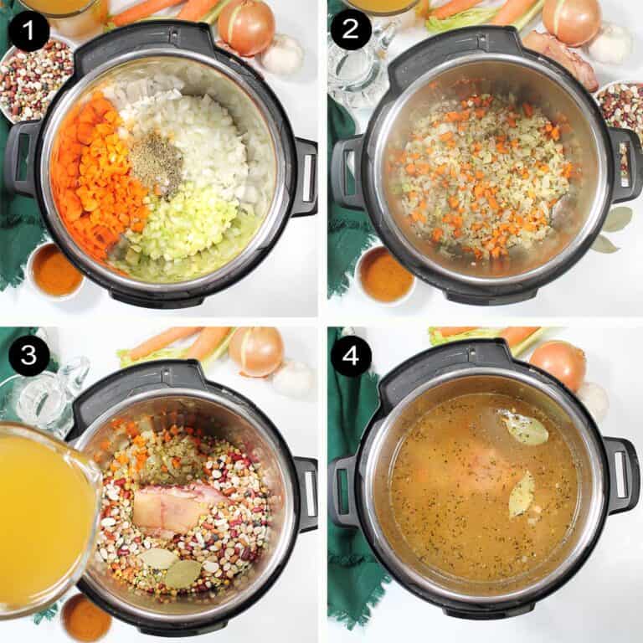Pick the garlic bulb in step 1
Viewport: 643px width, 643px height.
tap(283, 55)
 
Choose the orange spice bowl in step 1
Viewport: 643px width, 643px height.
tap(55, 270)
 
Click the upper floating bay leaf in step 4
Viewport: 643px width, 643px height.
tap(525, 428)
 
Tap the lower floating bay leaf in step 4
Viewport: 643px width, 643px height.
tap(521, 496)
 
